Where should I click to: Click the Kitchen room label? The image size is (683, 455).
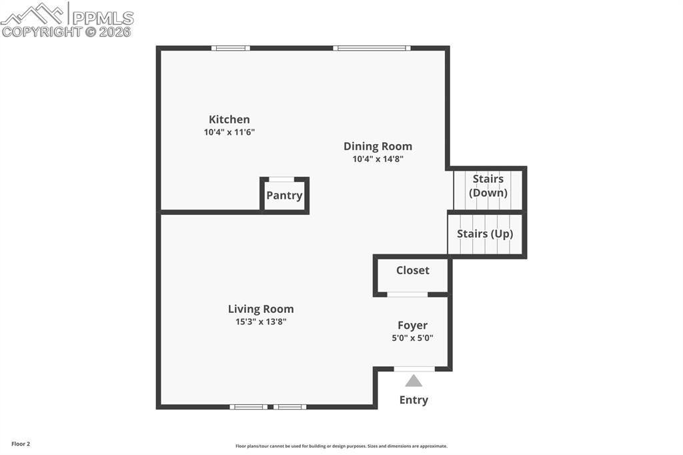pyautogui.click(x=229, y=119)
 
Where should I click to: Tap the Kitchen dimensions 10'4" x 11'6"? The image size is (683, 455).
pyautogui.click(x=229, y=132)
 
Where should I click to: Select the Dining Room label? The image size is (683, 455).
pyautogui.click(x=378, y=146)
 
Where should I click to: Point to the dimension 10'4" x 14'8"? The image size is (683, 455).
pyautogui.click(x=378, y=159)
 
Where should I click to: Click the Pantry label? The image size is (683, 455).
pyautogui.click(x=284, y=195)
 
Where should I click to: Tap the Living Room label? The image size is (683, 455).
pyautogui.click(x=260, y=309)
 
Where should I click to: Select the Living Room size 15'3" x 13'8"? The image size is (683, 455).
pyautogui.click(x=260, y=322)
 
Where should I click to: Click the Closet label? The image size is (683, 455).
pyautogui.click(x=412, y=270)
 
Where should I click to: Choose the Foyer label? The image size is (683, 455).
pyautogui.click(x=412, y=326)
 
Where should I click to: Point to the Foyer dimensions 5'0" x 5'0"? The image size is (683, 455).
pyautogui.click(x=412, y=338)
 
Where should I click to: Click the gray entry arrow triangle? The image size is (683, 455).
pyautogui.click(x=414, y=381)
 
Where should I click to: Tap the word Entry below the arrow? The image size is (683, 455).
pyautogui.click(x=414, y=400)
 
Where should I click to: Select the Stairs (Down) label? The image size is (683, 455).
pyautogui.click(x=488, y=186)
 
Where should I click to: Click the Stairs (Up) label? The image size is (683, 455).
pyautogui.click(x=485, y=234)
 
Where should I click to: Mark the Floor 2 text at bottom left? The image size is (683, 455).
pyautogui.click(x=21, y=444)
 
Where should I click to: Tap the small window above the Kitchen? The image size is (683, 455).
pyautogui.click(x=231, y=48)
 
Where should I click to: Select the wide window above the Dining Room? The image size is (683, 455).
pyautogui.click(x=372, y=48)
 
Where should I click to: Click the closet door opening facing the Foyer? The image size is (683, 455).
pyautogui.click(x=408, y=294)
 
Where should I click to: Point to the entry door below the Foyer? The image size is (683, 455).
pyautogui.click(x=414, y=368)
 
